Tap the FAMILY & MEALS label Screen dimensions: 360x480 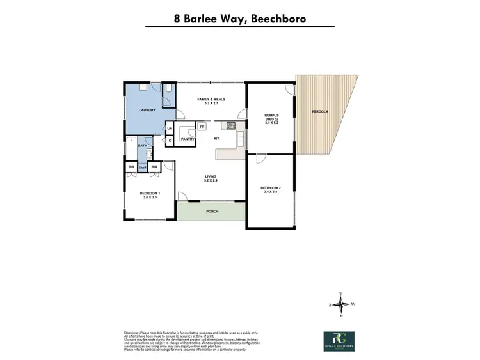click(211, 101)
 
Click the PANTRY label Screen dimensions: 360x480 click(188, 139)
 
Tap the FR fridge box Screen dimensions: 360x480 click(202, 127)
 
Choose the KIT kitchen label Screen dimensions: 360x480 click(216, 139)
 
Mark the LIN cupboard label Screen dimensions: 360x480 click(170, 129)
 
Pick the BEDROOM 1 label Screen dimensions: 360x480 click(149, 195)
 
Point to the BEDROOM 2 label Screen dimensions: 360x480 click(270, 189)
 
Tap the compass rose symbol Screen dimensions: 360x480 click(342, 305)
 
